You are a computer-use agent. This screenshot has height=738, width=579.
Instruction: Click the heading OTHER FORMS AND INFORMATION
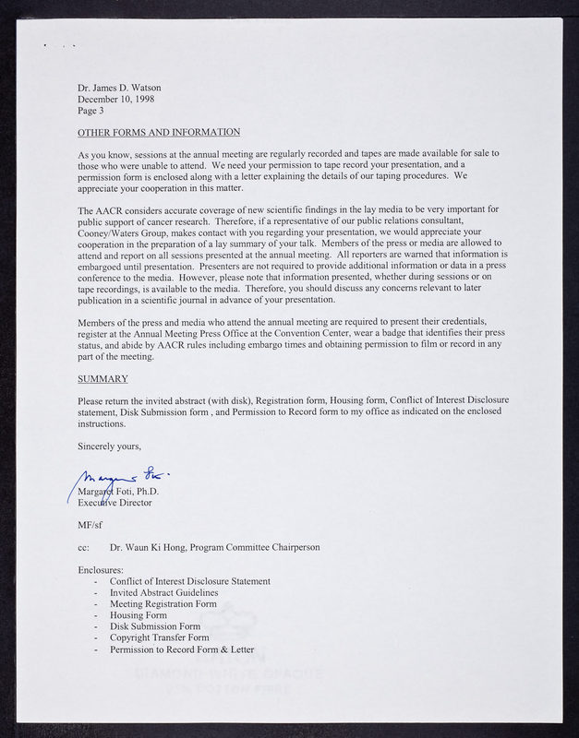click(159, 132)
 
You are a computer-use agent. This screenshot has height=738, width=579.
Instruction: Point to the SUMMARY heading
click(103, 379)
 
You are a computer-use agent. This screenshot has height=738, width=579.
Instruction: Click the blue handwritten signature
click(120, 480)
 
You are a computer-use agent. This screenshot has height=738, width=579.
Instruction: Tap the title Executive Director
click(115, 503)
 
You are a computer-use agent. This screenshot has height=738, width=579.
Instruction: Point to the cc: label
click(84, 547)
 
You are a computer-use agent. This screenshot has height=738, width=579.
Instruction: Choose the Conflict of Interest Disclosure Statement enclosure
click(189, 581)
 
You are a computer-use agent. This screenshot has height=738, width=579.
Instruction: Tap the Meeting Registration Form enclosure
click(163, 603)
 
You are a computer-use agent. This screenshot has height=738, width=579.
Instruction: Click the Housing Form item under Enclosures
click(138, 615)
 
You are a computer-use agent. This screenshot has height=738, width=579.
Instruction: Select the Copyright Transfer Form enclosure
click(159, 637)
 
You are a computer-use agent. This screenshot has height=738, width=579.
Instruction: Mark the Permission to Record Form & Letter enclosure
click(181, 649)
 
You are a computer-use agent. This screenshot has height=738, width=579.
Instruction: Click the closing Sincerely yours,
click(109, 446)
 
